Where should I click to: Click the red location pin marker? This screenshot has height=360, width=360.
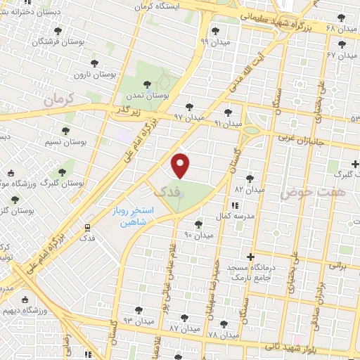point(181,165)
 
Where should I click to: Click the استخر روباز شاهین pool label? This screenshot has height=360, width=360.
point(133,216)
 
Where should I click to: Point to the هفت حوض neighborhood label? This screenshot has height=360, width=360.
point(303,193)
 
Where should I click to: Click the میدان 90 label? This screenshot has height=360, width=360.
point(198,234)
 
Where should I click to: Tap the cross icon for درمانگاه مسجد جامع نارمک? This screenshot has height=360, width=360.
point(250,257)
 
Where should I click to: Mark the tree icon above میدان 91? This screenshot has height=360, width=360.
point(227,112)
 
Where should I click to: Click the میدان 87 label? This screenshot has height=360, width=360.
point(184,328)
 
